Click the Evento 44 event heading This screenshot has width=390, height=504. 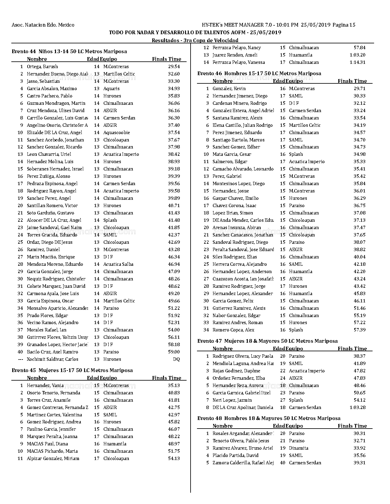point(69,51)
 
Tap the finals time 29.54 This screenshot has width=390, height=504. point(174,67)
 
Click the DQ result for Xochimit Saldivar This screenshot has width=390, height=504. point(176,359)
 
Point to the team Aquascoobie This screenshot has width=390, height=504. point(117,133)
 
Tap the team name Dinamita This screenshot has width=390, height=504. point(299,448)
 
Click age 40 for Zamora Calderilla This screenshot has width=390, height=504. point(283,463)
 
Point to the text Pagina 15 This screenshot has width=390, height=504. point(344,25)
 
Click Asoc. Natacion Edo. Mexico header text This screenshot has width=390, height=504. point(43,25)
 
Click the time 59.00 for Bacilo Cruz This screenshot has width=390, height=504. point(174,352)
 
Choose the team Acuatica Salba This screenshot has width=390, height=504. point(118,264)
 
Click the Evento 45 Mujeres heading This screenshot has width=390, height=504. point(72,370)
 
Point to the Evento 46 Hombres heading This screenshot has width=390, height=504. point(259,73)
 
